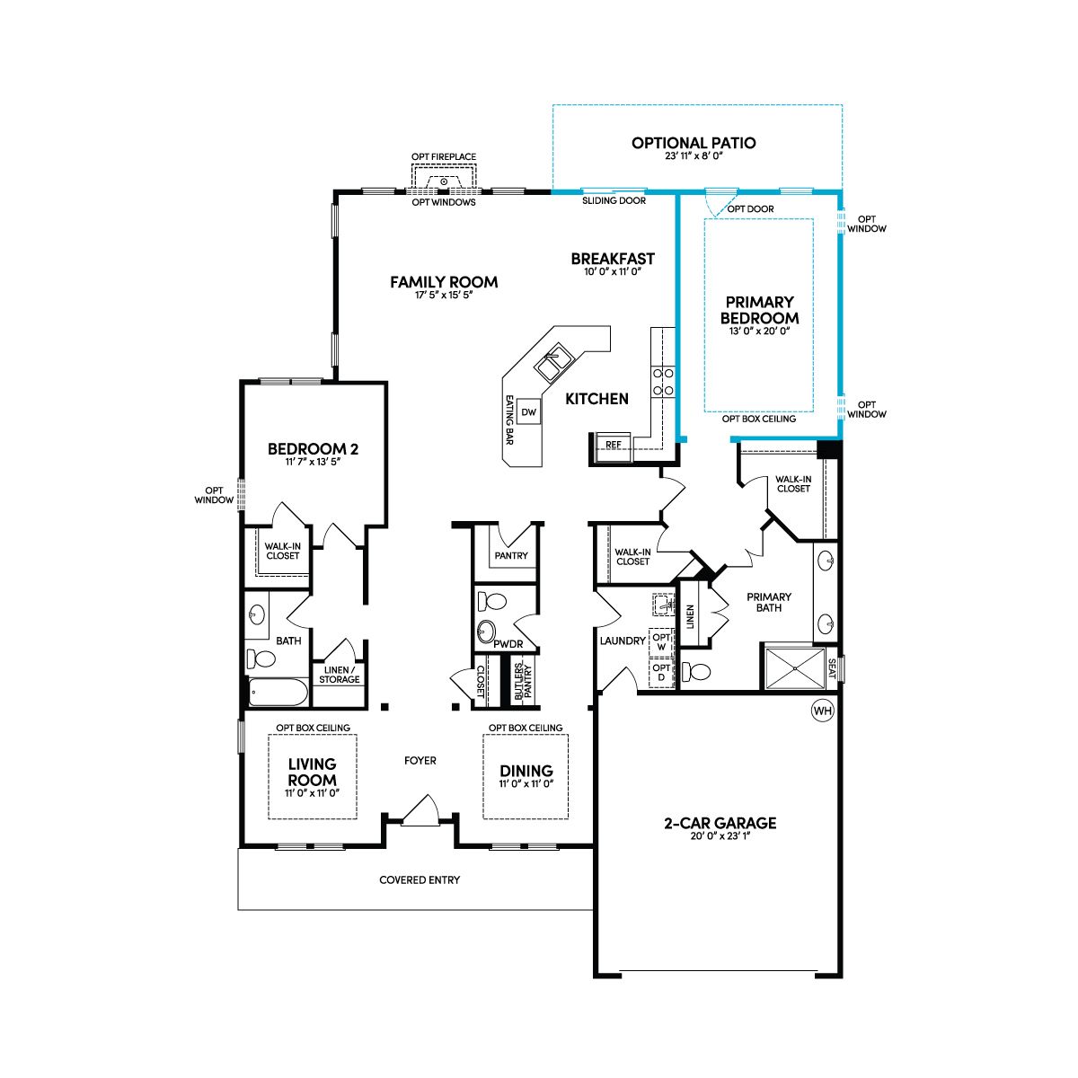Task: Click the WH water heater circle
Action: (x=822, y=711)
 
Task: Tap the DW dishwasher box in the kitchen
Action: (x=528, y=411)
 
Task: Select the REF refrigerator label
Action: (x=614, y=445)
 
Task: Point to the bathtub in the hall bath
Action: (x=278, y=693)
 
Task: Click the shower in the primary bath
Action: (x=794, y=668)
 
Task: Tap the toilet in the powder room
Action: (x=492, y=601)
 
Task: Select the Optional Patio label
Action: (x=694, y=143)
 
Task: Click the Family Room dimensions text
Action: (x=444, y=295)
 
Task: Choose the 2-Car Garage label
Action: (x=720, y=823)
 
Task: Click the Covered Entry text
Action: (x=420, y=880)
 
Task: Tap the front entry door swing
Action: (x=421, y=810)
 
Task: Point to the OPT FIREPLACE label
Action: (x=444, y=156)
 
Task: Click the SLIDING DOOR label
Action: (x=614, y=200)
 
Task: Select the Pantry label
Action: (x=511, y=555)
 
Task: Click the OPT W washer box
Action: (x=661, y=641)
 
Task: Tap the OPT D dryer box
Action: (x=661, y=673)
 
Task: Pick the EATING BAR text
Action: (x=509, y=420)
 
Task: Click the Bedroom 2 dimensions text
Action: (x=313, y=462)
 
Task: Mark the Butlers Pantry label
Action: (x=523, y=681)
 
